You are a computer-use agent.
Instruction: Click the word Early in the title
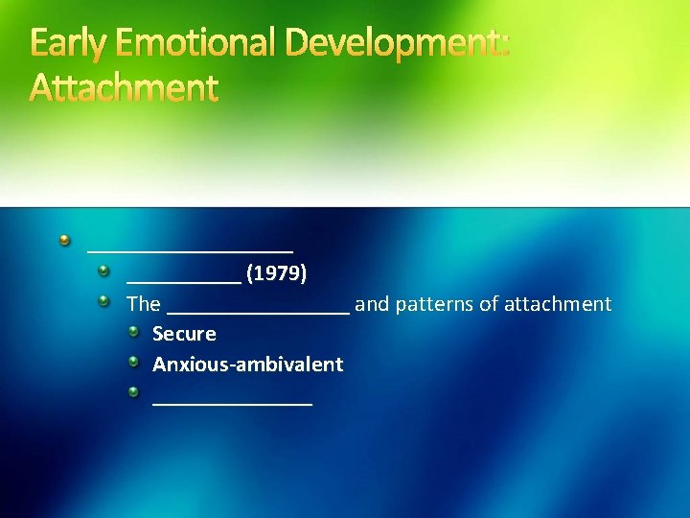pos(69,44)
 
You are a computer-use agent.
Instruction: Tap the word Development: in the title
pos(395,44)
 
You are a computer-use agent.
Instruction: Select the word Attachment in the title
pos(125,88)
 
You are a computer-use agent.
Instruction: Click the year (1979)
pos(276,274)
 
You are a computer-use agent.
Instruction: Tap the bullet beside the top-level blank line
pos(64,239)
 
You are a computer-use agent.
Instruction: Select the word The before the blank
pos(144,304)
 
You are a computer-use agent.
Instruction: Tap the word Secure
pos(184,334)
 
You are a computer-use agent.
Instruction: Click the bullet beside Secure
pos(135,332)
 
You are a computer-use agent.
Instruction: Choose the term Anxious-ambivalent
pos(247,365)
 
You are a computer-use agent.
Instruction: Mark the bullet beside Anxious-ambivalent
pos(135,363)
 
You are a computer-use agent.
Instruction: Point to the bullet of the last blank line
pos(135,392)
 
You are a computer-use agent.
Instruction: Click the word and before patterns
pos(371,304)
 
